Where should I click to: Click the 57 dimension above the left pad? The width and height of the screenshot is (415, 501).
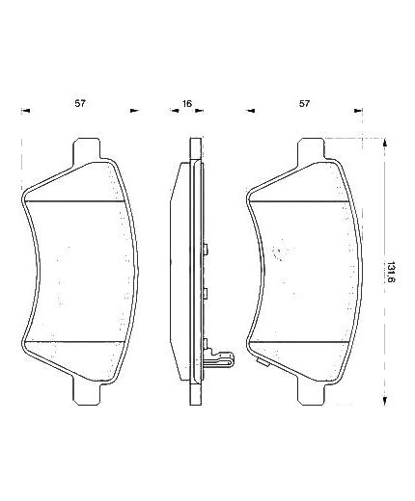(81, 101)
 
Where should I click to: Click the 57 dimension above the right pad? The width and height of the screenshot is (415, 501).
(305, 101)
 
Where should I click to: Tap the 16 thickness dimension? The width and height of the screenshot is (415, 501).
(188, 101)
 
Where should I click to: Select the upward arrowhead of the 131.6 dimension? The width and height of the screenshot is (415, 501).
(386, 143)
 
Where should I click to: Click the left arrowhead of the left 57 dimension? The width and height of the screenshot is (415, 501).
(26, 111)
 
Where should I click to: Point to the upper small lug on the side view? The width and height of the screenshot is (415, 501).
(206, 250)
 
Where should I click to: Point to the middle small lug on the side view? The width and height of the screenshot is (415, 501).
(206, 292)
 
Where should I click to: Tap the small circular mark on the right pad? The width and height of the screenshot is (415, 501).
(279, 256)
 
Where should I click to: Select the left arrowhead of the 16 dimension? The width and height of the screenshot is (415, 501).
(176, 111)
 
